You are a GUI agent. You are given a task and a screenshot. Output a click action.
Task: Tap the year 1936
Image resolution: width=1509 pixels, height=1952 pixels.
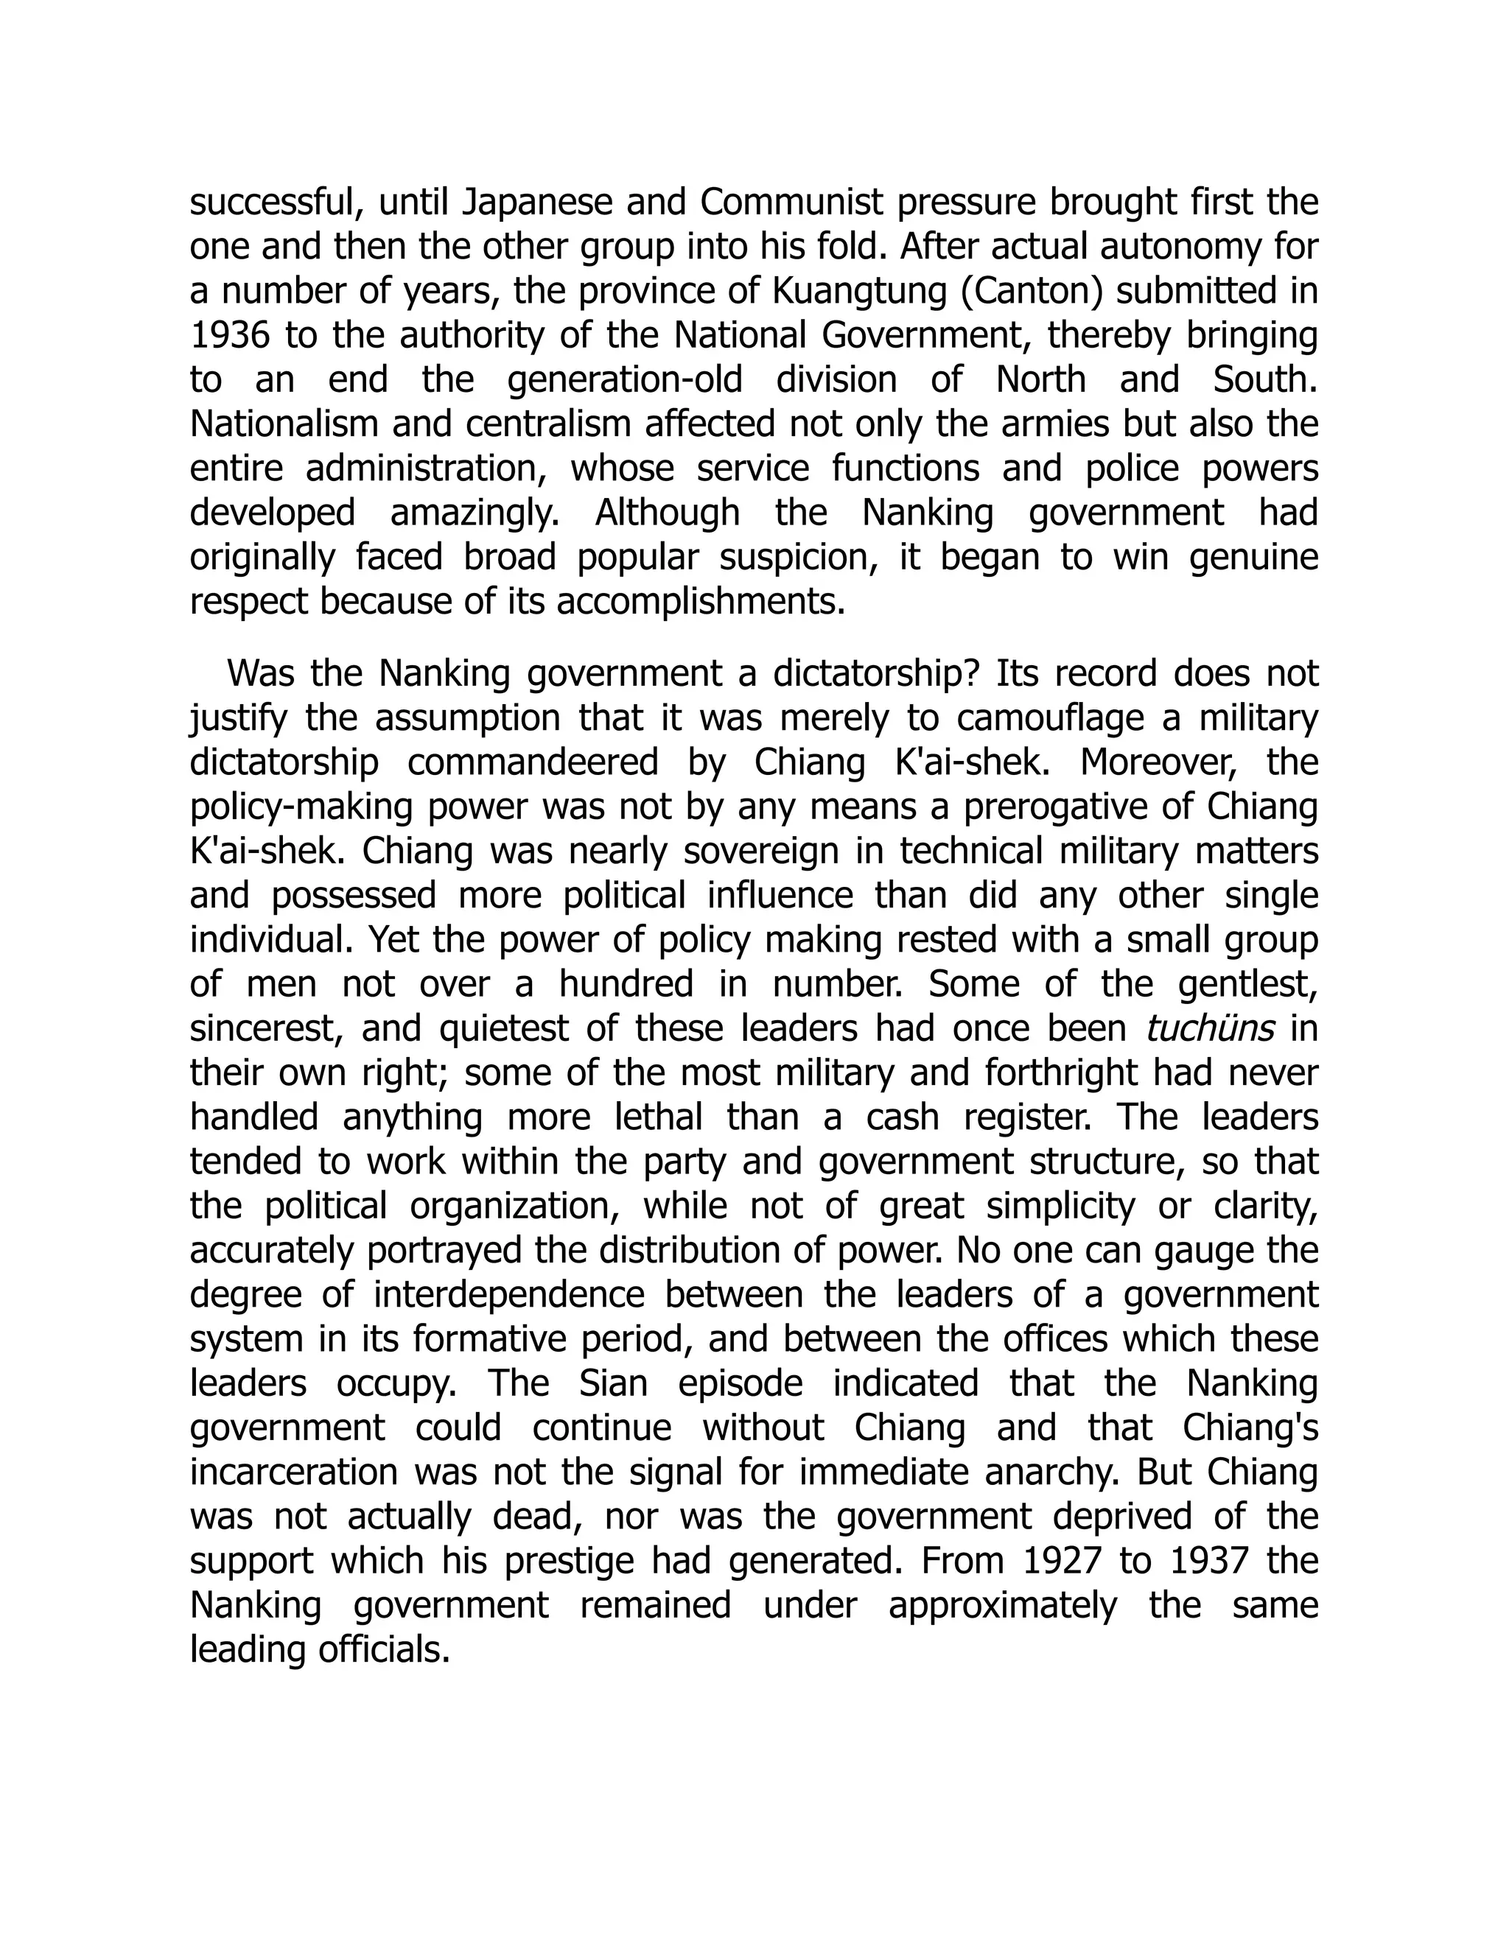pyautogui.click(x=229, y=336)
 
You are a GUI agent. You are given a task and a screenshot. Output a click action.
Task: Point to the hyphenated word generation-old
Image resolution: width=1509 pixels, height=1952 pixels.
pyautogui.click(x=625, y=381)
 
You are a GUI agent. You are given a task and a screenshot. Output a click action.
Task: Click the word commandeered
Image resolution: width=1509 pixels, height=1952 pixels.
pyautogui.click(x=533, y=762)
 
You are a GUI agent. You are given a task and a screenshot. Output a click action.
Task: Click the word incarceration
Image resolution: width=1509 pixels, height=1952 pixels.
pyautogui.click(x=294, y=1472)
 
